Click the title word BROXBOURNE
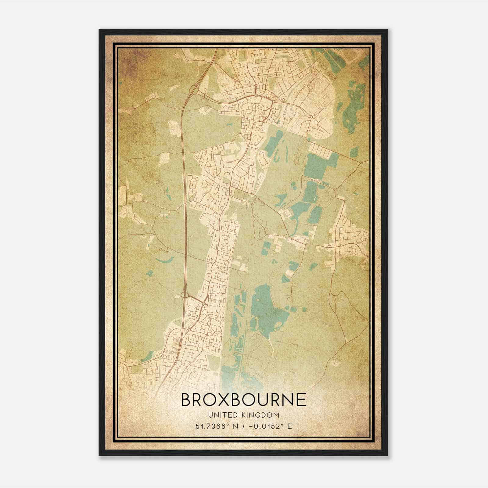[244, 400]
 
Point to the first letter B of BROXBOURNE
[186, 400]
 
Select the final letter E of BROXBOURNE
[301, 400]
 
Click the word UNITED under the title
[222, 415]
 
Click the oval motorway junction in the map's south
[185, 295]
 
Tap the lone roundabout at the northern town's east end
[311, 117]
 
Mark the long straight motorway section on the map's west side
[184, 189]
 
